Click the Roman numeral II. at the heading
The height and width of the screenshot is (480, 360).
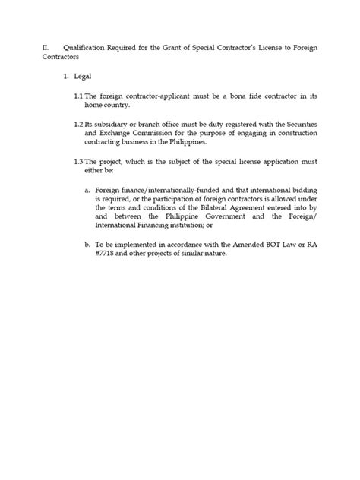point(46,48)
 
